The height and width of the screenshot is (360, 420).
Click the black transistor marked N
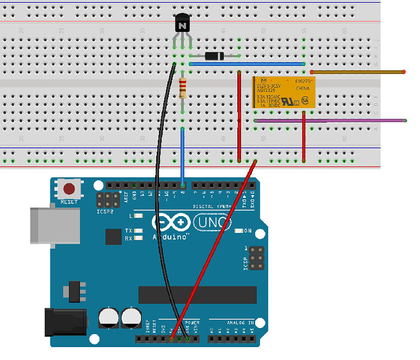tap(183, 24)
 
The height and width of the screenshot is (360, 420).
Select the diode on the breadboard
tap(215, 56)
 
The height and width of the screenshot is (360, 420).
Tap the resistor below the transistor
tap(183, 88)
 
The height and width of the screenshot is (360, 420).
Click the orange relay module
tap(283, 92)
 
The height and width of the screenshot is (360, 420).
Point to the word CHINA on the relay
tap(302, 88)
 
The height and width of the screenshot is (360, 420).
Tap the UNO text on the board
tap(213, 223)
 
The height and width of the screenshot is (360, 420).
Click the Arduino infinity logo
tap(174, 223)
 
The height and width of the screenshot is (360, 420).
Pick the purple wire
tap(336, 120)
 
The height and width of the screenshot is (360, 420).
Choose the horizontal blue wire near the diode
tap(246, 64)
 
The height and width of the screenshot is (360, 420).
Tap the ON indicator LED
tap(239, 231)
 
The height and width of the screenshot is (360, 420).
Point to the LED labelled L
tap(138, 215)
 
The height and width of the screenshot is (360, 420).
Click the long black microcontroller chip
tap(197, 294)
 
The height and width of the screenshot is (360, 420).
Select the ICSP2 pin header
tap(108, 200)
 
